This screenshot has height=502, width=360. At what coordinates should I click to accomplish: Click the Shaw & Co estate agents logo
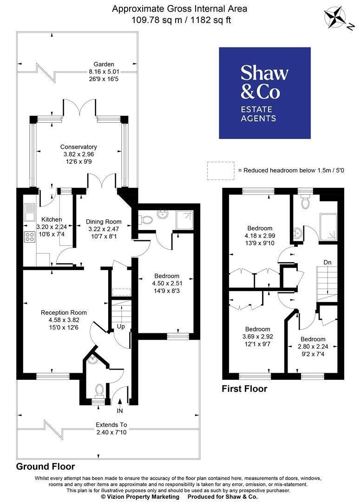[x=265, y=93]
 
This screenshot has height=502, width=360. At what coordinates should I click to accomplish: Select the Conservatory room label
[x=79, y=147]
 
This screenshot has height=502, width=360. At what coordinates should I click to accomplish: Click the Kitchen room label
[x=52, y=219]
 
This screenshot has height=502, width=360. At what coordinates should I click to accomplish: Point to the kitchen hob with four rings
[x=30, y=237]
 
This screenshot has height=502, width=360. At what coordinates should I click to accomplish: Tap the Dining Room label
[x=104, y=222]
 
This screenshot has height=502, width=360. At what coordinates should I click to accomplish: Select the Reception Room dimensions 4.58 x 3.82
[x=64, y=320]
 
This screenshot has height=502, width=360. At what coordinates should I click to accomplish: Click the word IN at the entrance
[x=120, y=411]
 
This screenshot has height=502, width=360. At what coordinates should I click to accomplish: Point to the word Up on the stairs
[x=121, y=327]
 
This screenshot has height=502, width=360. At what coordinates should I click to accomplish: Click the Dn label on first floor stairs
[x=327, y=263]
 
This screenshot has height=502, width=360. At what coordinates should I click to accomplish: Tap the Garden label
[x=104, y=64]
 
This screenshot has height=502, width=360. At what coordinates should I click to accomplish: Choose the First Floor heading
[x=244, y=389]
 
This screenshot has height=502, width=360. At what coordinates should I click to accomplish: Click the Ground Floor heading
[x=46, y=467]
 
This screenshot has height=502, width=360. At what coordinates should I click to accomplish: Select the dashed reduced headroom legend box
[x=221, y=171]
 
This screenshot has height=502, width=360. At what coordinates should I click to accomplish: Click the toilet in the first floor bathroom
[x=305, y=201]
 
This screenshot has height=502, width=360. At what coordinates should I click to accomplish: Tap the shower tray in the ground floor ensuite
[x=184, y=219]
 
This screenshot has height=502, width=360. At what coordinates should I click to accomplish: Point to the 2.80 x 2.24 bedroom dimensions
[x=313, y=347]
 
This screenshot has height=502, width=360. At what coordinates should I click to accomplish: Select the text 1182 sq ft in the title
[x=211, y=20]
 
